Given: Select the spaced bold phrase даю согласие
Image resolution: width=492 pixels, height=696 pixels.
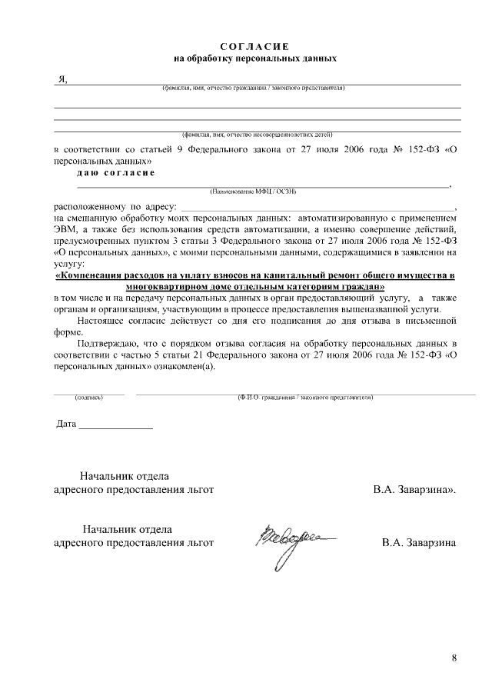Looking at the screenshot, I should [x=116, y=173].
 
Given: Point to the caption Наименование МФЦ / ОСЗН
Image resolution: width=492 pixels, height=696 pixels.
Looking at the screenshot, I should [x=253, y=190].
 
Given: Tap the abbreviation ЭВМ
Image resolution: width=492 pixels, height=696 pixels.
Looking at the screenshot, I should [x=67, y=229].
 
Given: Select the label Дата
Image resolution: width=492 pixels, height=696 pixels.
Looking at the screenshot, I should [x=67, y=425].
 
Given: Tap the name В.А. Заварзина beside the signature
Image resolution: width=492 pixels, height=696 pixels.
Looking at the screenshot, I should [x=419, y=543].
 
